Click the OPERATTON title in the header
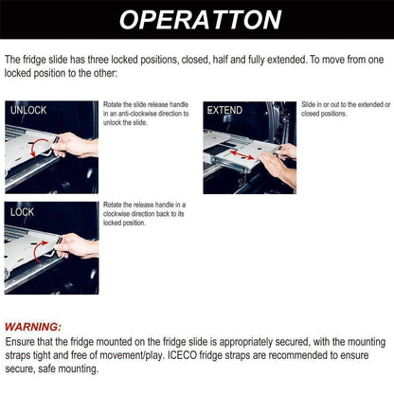tap(197, 20)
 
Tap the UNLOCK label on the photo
tap(28, 111)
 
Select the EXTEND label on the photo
tap(224, 111)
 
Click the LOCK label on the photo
tap(23, 212)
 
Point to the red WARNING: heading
tap(33, 326)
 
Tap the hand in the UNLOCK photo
tap(76, 145)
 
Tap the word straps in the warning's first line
tap(24, 354)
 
